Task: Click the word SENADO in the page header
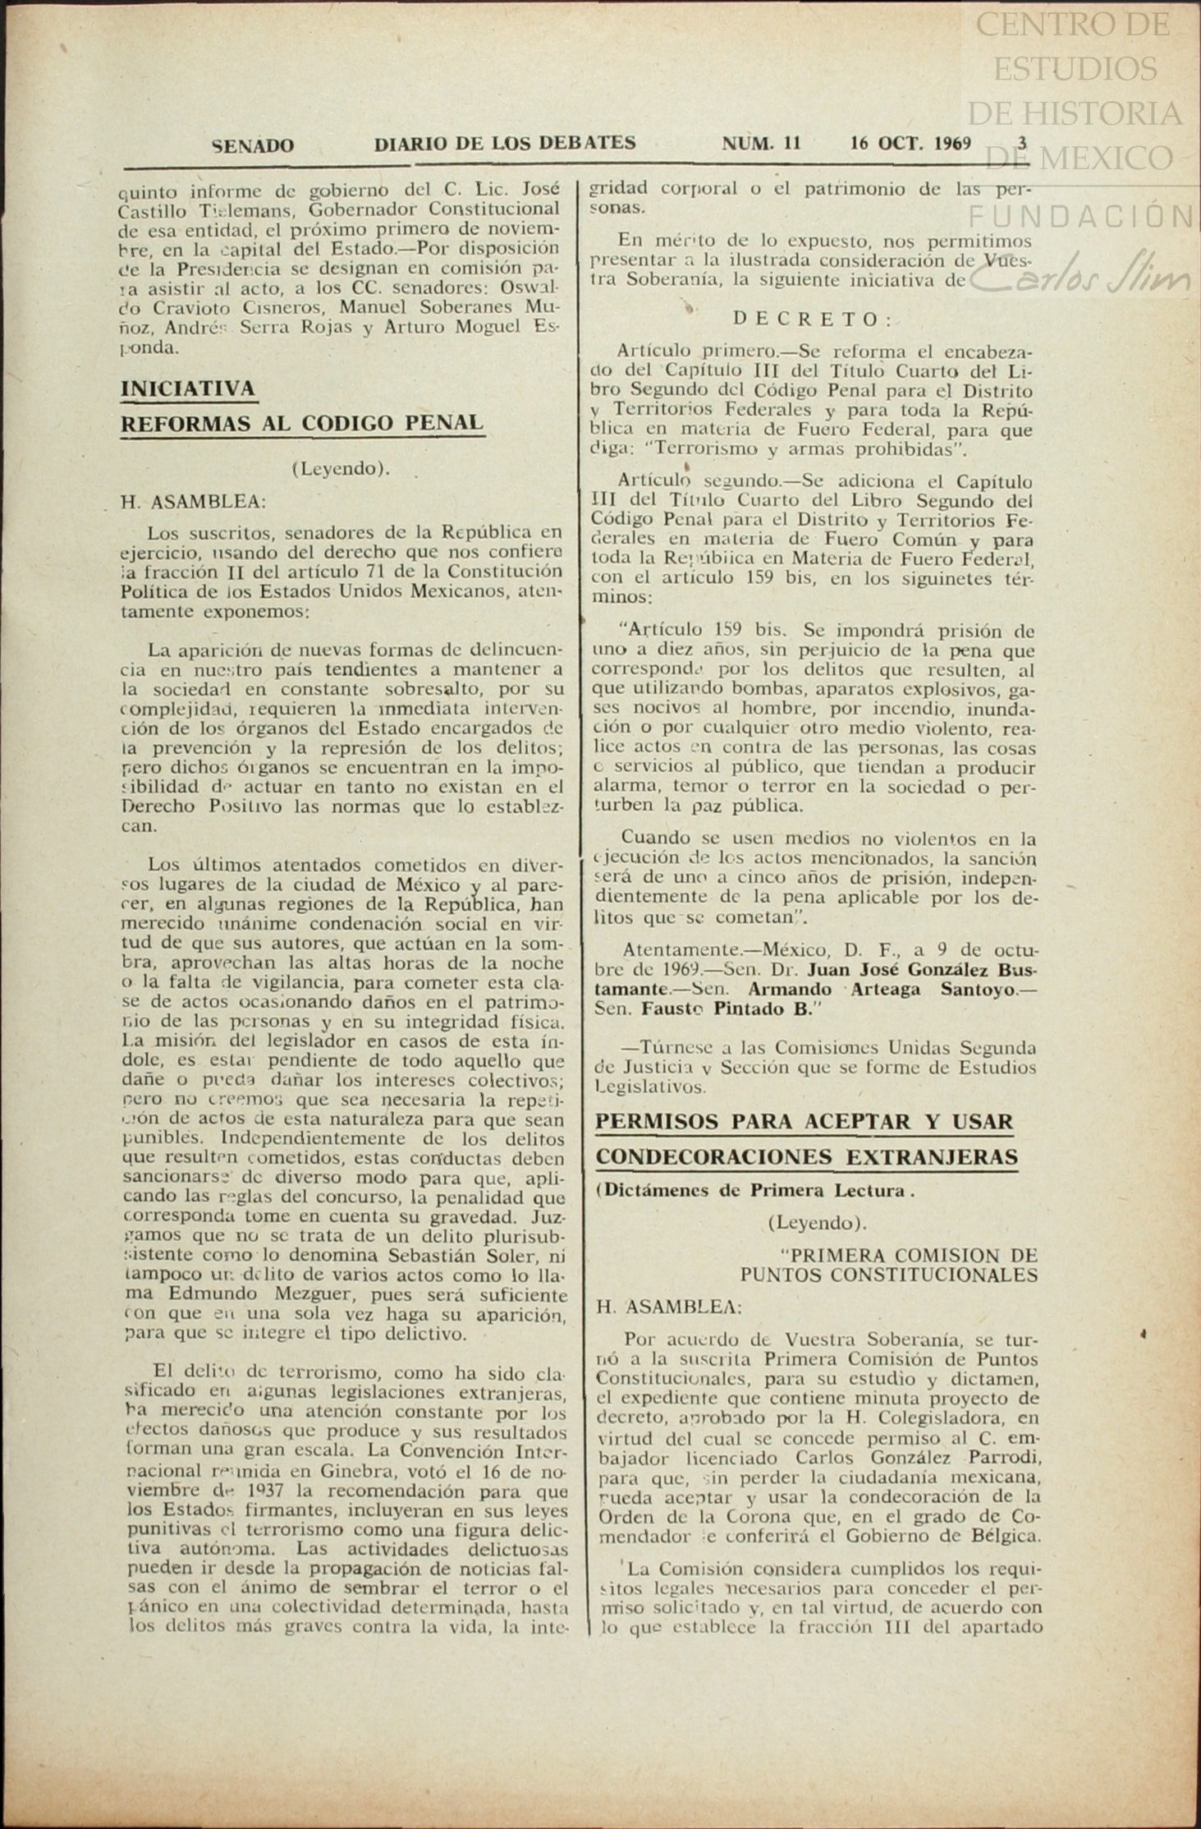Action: click(253, 146)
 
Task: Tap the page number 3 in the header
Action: click(1022, 142)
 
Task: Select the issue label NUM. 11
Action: click(761, 143)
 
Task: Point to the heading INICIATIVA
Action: click(188, 388)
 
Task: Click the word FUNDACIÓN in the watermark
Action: click(1083, 217)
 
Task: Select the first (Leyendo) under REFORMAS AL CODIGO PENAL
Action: click(340, 469)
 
